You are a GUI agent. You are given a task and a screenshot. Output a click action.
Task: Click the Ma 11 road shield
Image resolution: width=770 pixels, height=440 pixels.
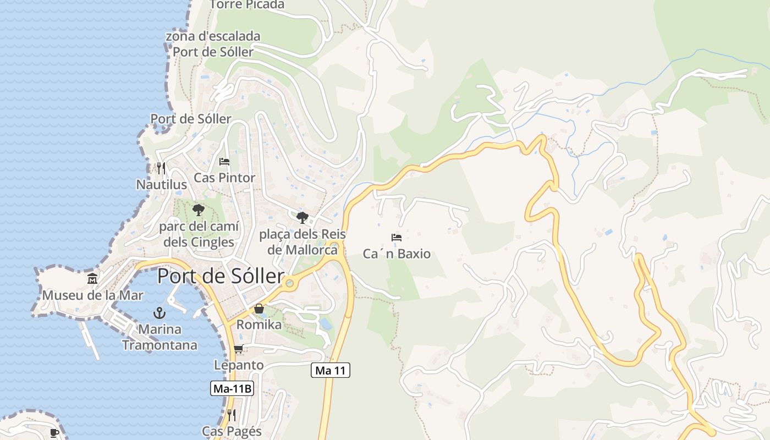(x=331, y=370)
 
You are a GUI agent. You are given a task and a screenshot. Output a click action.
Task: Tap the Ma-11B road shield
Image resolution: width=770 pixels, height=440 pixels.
(x=232, y=388)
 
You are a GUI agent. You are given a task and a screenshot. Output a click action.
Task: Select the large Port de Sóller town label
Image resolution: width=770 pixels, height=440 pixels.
(x=221, y=276)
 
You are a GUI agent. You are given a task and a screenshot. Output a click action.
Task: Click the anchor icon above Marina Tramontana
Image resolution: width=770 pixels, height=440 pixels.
(x=159, y=313)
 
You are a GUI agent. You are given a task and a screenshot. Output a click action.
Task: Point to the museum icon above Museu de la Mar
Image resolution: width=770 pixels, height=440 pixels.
(x=92, y=279)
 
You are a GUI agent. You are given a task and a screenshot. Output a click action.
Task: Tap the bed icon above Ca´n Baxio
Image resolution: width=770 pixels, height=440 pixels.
(x=397, y=238)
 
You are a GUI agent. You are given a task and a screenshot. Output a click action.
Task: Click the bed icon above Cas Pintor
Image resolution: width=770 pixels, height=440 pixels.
(x=224, y=162)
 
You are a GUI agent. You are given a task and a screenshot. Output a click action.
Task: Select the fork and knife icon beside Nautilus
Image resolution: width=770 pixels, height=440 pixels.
(x=161, y=168)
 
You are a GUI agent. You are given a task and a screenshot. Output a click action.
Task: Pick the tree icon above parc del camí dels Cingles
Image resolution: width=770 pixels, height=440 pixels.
(x=198, y=210)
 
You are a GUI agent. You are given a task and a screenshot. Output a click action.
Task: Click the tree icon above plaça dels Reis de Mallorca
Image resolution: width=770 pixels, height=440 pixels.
(x=302, y=217)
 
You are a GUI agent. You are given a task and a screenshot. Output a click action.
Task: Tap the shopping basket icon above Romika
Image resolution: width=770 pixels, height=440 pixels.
(x=258, y=309)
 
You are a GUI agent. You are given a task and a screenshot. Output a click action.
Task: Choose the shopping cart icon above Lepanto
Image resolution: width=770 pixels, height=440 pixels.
(x=238, y=349)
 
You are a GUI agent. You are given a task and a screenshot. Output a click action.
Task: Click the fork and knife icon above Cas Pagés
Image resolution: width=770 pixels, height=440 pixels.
(x=232, y=415)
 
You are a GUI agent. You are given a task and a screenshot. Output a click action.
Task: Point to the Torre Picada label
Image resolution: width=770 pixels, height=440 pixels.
(x=247, y=5)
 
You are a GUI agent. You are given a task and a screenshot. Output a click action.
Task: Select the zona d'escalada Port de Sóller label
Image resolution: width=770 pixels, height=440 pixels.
(x=213, y=44)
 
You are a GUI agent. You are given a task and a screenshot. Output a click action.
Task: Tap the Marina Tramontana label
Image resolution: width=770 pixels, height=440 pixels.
(x=159, y=337)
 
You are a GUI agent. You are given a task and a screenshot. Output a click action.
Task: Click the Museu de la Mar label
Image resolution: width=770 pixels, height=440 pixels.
(x=93, y=295)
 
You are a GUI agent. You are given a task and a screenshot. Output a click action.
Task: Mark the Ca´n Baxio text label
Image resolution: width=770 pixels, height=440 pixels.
(x=397, y=254)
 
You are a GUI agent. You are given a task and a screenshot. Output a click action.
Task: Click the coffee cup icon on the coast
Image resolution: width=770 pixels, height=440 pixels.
(x=54, y=433)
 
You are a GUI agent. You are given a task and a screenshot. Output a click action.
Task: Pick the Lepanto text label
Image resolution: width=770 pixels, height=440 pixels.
(x=239, y=365)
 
